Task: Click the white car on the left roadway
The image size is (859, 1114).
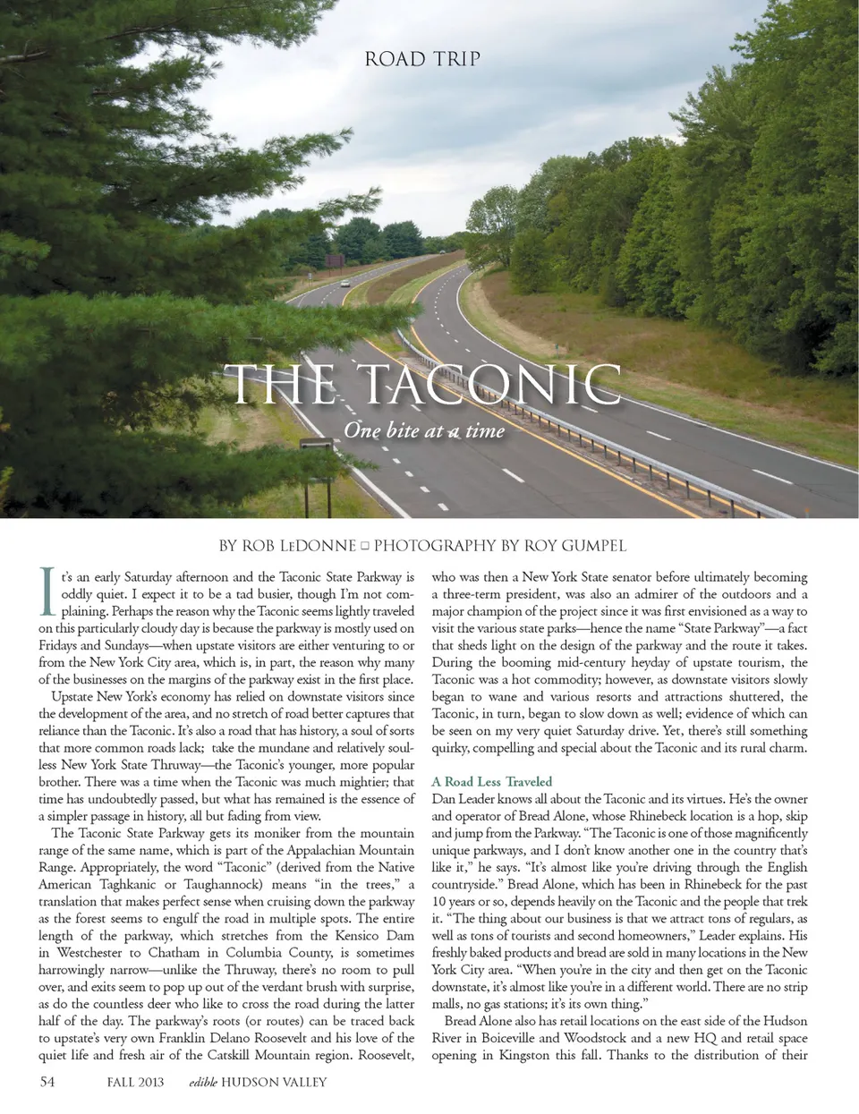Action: (345, 283)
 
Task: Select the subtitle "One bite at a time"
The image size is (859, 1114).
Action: (424, 431)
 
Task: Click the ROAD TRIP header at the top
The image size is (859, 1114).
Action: (423, 59)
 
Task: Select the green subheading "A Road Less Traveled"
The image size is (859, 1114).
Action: (491, 781)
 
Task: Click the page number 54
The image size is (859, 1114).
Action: (48, 1082)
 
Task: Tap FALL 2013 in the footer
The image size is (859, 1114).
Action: (135, 1083)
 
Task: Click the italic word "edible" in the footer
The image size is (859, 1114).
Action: (202, 1083)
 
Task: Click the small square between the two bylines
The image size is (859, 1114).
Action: (365, 546)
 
